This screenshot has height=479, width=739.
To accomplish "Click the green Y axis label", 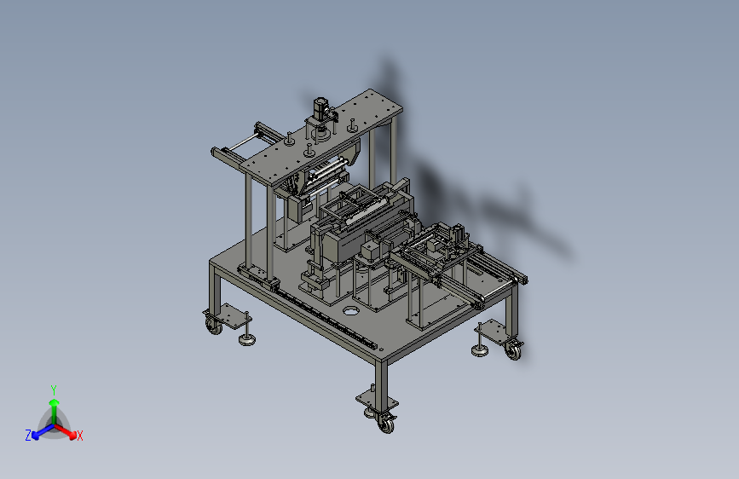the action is tap(54, 390).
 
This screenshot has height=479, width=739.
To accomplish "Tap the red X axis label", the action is tap(80, 436).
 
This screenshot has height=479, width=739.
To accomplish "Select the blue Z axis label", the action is tap(28, 436).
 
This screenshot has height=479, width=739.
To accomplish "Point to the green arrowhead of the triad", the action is tap(55, 402).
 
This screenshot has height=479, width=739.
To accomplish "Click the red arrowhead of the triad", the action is tap(72, 436).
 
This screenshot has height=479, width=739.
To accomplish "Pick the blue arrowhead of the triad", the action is tap(36, 436).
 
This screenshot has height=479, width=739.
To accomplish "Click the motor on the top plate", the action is tap(321, 108).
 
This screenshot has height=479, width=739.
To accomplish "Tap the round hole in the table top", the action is tap(349, 311).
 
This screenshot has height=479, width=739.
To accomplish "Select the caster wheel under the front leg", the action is tap(386, 424).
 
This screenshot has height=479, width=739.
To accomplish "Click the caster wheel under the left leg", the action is tap(214, 326).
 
